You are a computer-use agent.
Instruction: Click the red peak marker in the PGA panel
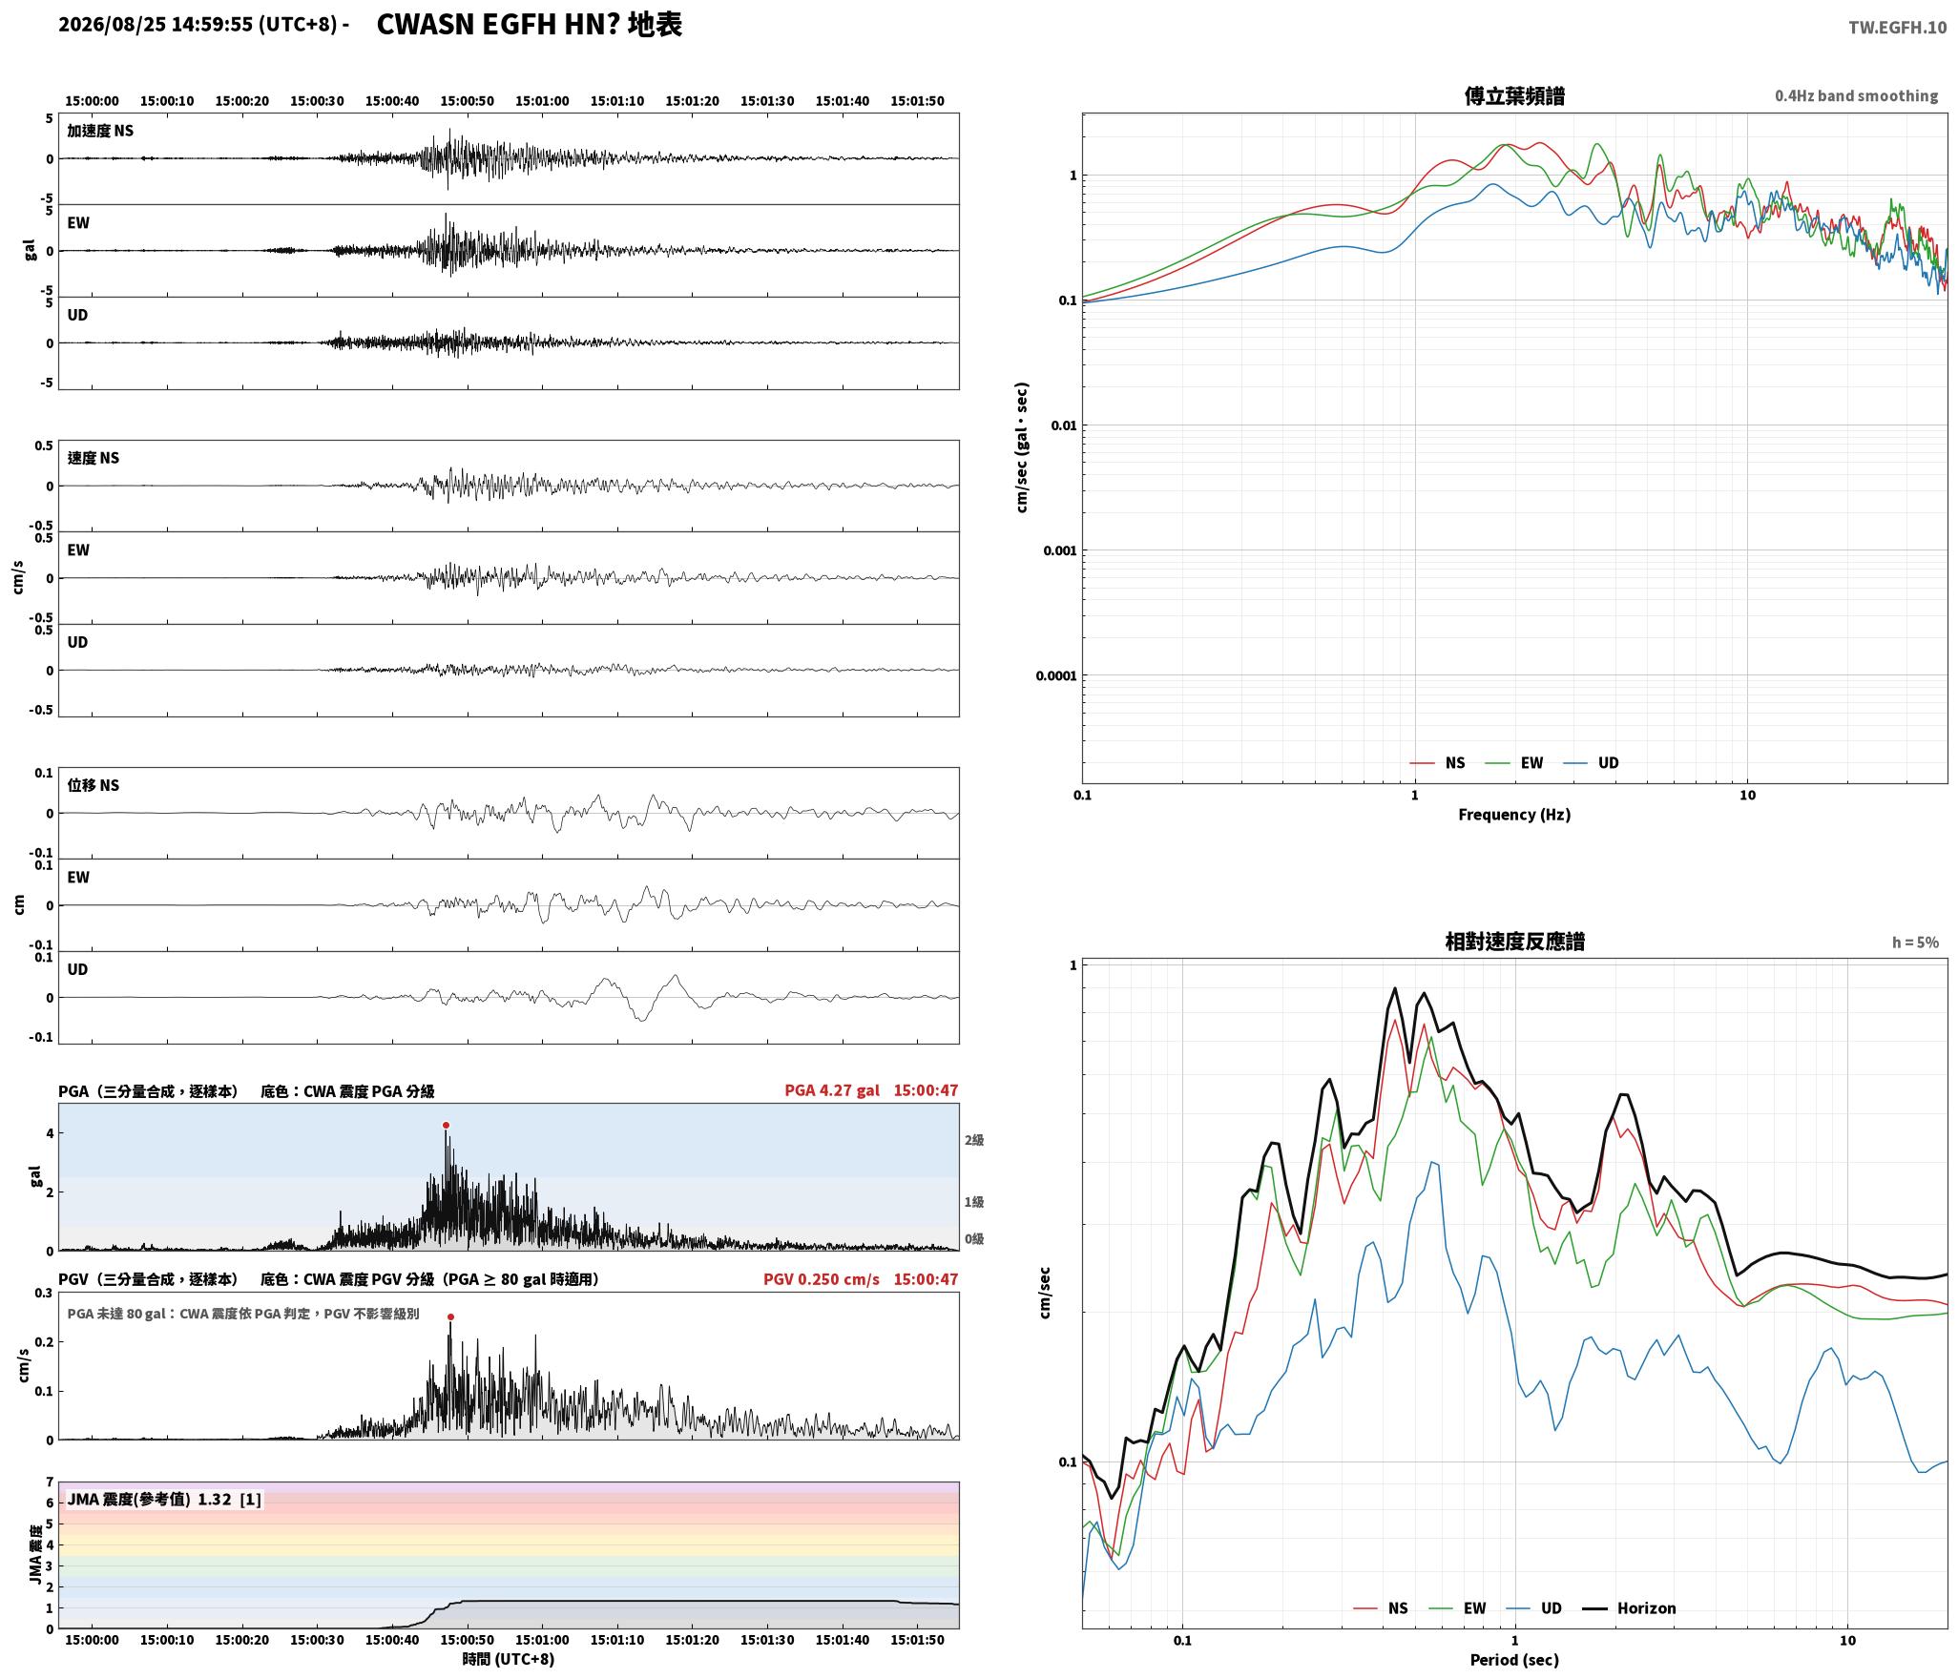click(x=446, y=1126)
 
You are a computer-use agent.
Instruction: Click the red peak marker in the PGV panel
click(x=450, y=1317)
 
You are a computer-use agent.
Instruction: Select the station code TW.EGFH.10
click(x=1897, y=27)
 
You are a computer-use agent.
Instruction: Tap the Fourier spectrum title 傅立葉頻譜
click(x=1514, y=96)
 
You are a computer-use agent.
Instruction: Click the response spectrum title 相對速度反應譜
click(x=1514, y=942)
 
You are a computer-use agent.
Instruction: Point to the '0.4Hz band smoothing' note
click(x=1856, y=96)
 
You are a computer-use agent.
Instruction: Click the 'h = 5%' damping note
click(x=1915, y=943)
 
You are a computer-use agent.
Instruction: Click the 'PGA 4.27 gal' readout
click(x=832, y=1089)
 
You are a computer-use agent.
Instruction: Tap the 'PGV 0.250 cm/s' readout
click(x=822, y=1278)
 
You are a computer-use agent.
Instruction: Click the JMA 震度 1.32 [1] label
click(x=163, y=1499)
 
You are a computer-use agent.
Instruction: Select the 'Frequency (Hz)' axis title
click(x=1514, y=814)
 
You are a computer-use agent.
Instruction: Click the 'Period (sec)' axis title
click(x=1514, y=1659)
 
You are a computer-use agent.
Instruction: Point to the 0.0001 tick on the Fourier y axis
click(x=1056, y=676)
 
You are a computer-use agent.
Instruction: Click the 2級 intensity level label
click(x=973, y=1140)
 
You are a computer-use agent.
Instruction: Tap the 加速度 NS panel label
click(x=100, y=131)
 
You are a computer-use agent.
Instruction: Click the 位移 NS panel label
click(x=94, y=785)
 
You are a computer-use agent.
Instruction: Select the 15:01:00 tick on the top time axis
click(x=542, y=101)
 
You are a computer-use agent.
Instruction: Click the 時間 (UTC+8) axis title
click(x=508, y=1659)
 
